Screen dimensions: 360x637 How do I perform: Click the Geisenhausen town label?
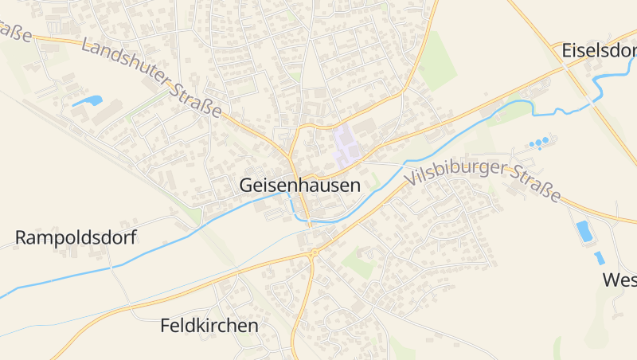click(x=299, y=185)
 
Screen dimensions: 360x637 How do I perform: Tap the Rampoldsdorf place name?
click(x=76, y=237)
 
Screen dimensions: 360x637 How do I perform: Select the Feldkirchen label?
click(x=209, y=326)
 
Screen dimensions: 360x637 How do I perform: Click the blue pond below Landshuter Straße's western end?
click(x=88, y=101)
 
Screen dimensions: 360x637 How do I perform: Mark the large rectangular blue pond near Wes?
click(x=584, y=231)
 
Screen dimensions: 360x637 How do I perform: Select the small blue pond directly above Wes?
click(x=599, y=257)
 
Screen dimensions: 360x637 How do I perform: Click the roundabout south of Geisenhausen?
click(x=314, y=252)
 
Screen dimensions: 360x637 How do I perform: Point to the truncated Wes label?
click(x=619, y=280)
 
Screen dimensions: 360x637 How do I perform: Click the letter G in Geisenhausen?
click(x=246, y=186)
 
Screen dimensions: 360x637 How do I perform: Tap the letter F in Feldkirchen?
click(x=166, y=326)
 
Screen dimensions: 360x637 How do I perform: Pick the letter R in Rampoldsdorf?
click(x=21, y=237)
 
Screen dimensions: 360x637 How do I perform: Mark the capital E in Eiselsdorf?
click(x=566, y=49)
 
